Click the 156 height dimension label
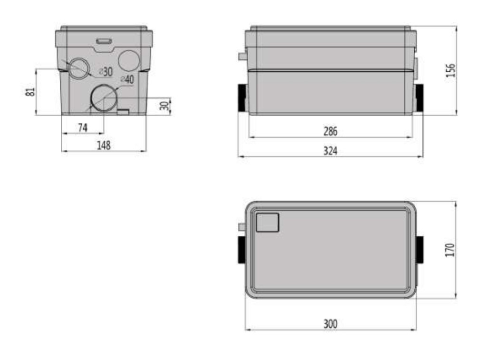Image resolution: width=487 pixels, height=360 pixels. (x=451, y=70)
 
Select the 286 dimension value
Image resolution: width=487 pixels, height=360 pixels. (x=330, y=131)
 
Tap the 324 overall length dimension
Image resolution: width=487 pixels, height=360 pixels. (x=330, y=151)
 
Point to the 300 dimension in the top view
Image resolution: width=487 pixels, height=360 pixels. (x=330, y=324)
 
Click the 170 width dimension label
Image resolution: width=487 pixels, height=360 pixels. (x=450, y=250)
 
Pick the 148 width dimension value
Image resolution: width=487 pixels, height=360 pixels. (x=103, y=146)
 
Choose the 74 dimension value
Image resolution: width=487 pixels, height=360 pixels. (x=83, y=127)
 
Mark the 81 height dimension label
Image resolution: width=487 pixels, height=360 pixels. (x=30, y=92)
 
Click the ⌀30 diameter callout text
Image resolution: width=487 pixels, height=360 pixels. (x=106, y=72)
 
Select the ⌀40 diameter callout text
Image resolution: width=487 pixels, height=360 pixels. (x=127, y=79)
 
